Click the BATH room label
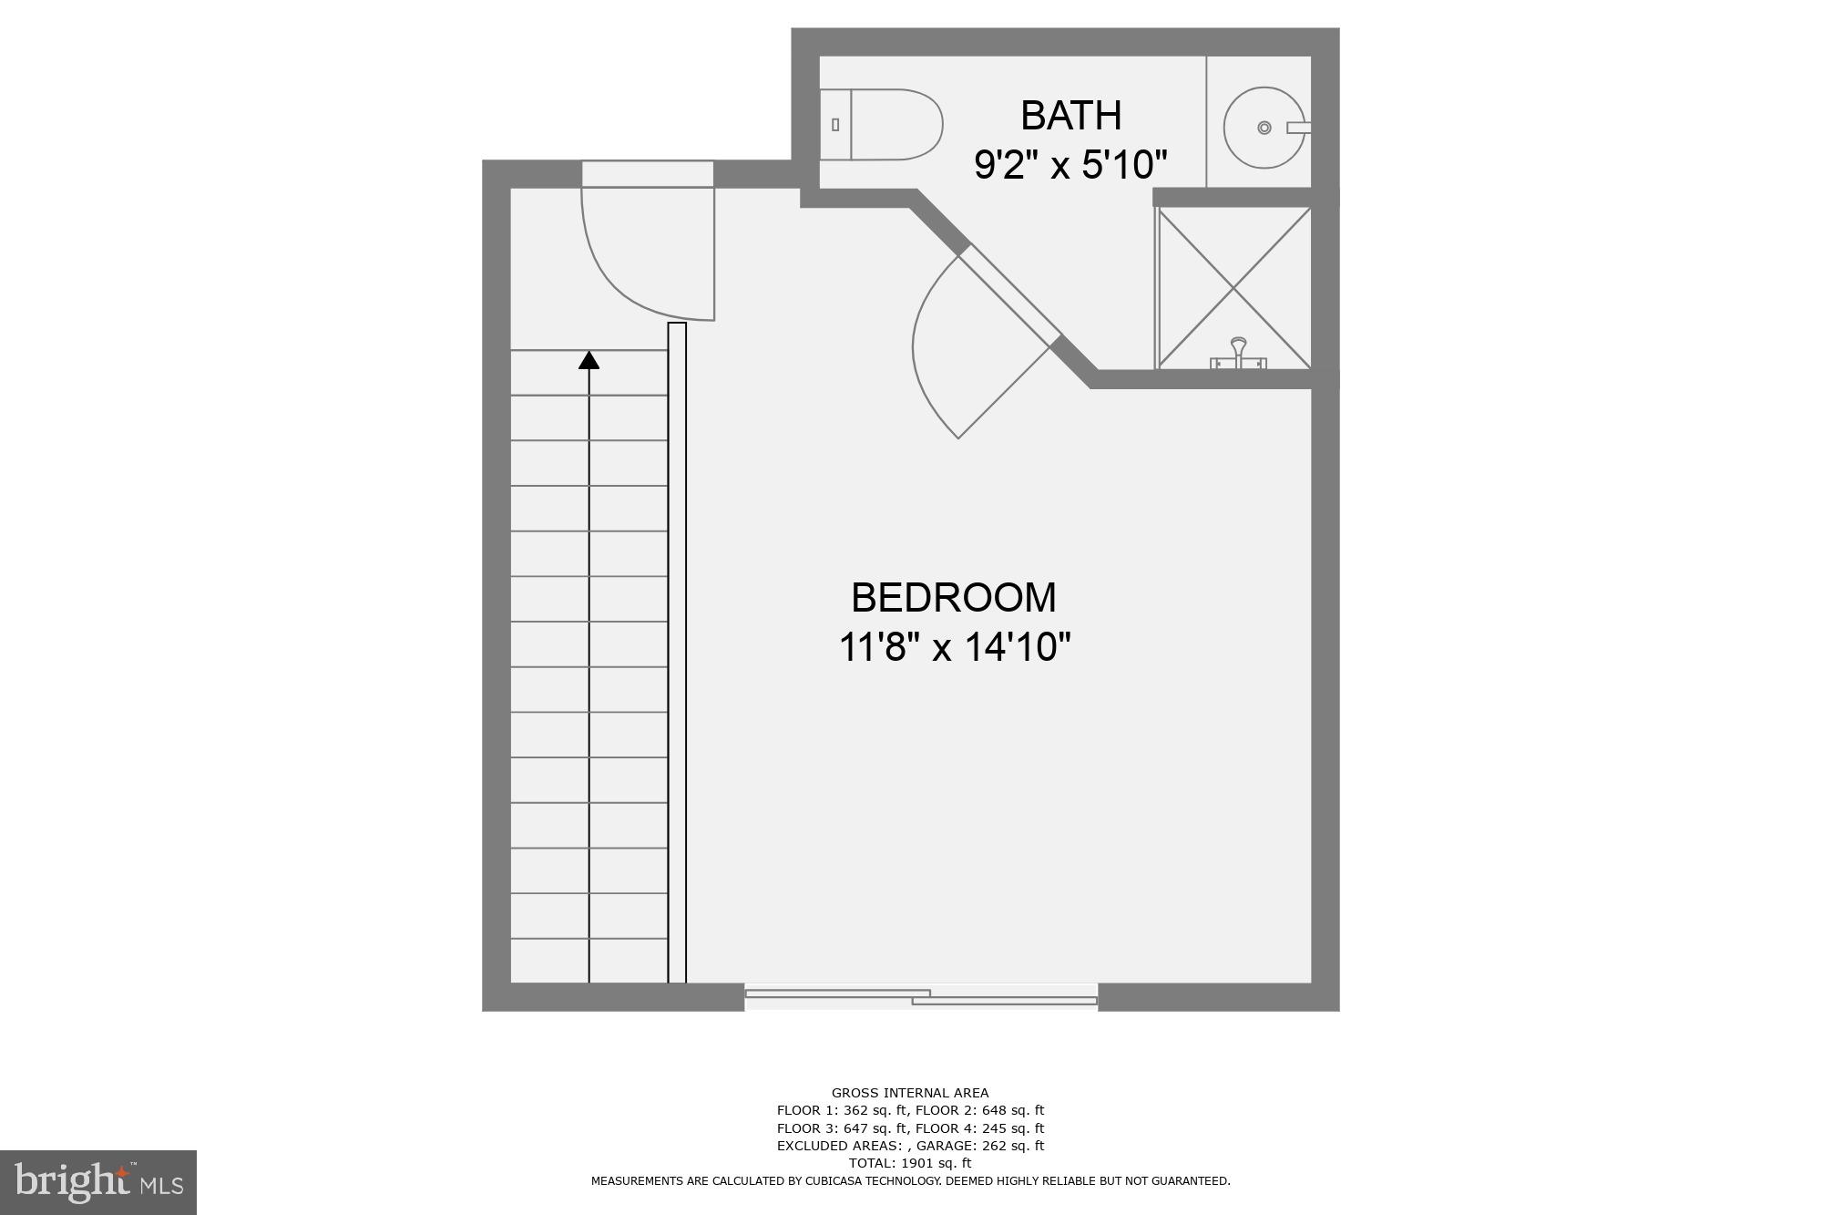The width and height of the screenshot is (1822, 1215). click(x=1070, y=116)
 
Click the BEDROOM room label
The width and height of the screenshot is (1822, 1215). click(x=953, y=598)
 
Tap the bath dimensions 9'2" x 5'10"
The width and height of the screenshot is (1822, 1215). click(x=1070, y=165)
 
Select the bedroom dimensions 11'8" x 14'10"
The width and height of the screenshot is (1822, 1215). click(x=953, y=647)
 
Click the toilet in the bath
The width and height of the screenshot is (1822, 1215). click(x=882, y=125)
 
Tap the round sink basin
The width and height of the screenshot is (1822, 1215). click(x=1264, y=128)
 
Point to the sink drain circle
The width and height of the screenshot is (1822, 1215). click(x=1264, y=128)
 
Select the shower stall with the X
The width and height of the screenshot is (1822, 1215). click(x=1233, y=288)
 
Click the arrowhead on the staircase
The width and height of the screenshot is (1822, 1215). click(x=589, y=360)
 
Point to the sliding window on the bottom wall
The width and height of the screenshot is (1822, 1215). click(x=921, y=996)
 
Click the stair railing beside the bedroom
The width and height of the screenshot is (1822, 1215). click(x=677, y=653)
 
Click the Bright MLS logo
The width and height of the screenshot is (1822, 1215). click(x=98, y=1183)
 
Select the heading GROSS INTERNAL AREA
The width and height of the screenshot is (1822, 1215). click(x=910, y=1093)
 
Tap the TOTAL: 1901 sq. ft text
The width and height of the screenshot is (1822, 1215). click(x=910, y=1163)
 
